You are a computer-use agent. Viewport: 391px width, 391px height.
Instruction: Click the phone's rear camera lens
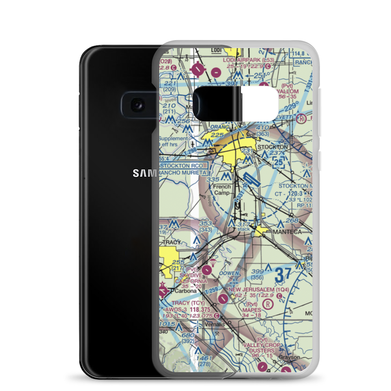pyautogui.click(x=136, y=104)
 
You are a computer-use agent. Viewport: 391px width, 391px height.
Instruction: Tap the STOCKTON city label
pyautogui.click(x=273, y=147)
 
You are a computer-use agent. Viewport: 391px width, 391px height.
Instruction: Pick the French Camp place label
pyautogui.click(x=221, y=190)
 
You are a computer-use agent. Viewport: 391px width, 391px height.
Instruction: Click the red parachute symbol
pyautogui.click(x=213, y=261)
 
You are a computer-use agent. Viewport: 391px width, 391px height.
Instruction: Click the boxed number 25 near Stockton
pyautogui.click(x=278, y=162)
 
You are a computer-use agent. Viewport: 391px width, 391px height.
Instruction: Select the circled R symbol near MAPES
pyautogui.click(x=268, y=304)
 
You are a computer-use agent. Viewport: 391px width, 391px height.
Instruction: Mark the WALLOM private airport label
pyautogui.click(x=288, y=91)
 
